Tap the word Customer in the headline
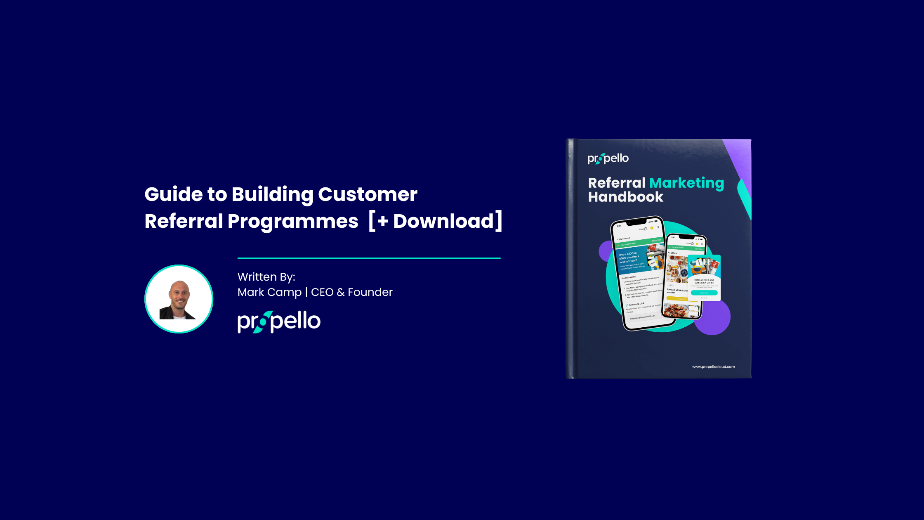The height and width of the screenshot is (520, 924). coord(368,194)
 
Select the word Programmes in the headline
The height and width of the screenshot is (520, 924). coord(292,221)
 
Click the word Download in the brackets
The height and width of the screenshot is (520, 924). coord(443,221)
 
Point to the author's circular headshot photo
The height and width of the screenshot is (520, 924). coord(179,299)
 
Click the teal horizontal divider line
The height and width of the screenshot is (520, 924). coord(369,258)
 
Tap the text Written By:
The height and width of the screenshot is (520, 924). coord(266,277)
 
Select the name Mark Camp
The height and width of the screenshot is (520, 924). coord(269,292)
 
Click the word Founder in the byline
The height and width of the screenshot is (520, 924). coord(370,292)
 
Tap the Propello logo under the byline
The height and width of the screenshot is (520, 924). coord(279,321)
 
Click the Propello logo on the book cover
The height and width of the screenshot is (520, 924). coord(608,158)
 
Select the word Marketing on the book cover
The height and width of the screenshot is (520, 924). coord(686,183)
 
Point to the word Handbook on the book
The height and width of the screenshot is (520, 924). coord(625,197)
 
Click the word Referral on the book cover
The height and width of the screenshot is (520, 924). coord(616,183)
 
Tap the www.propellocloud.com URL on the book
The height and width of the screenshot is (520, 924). coord(713,366)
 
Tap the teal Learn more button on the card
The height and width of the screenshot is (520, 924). coord(704,293)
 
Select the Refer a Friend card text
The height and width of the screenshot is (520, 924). coord(704,281)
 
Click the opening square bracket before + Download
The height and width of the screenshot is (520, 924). coord(372,221)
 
